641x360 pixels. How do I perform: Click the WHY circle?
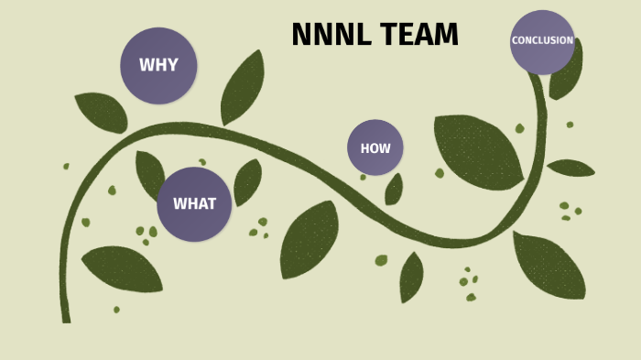(x=158, y=65)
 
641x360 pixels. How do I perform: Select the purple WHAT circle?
(x=194, y=203)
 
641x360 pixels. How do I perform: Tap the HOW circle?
(x=375, y=147)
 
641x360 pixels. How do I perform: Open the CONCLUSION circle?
(x=542, y=41)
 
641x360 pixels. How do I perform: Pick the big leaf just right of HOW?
(x=476, y=149)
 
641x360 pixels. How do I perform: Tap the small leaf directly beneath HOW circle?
(x=394, y=190)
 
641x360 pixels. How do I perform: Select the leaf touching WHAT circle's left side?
(x=149, y=174)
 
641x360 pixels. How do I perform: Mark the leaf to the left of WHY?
(x=102, y=112)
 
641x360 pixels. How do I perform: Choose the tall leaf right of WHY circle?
(x=243, y=87)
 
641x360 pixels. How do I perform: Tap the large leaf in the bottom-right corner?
(x=549, y=266)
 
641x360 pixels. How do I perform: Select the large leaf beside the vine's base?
(x=123, y=268)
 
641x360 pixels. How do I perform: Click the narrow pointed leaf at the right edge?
(x=570, y=168)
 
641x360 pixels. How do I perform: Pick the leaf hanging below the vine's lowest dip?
(x=411, y=277)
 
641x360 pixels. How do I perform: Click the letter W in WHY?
(x=146, y=65)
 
